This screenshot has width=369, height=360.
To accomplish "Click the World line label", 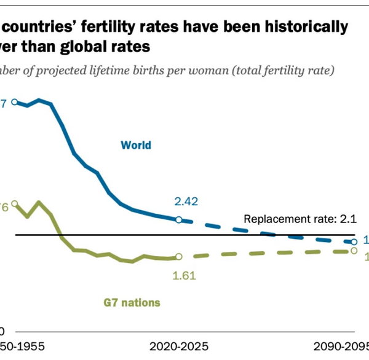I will coord(136,146).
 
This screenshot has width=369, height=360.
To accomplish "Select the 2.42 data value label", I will coord(187,202).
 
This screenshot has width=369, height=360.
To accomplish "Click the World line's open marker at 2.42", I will coord(178,219).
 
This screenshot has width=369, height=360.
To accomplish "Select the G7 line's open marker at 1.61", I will coord(178,257).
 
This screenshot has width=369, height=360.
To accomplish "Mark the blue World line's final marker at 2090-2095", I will coord(354,242).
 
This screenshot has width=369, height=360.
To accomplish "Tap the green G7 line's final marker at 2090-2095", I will coord(354,251).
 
